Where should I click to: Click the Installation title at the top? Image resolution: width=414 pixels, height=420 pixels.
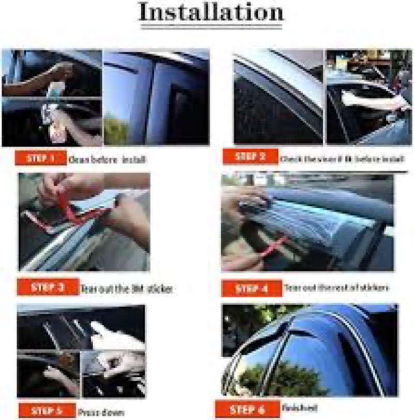(211, 13)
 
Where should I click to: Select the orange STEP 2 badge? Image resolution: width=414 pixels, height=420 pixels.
(250, 156)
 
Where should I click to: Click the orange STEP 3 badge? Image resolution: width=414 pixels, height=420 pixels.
(48, 287)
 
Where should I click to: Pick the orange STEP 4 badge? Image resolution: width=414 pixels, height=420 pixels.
(252, 288)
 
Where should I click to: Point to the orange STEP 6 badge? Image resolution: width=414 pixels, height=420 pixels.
(248, 409)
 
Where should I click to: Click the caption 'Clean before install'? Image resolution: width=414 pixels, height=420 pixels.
(107, 160)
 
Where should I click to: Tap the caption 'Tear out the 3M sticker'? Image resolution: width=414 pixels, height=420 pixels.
(126, 289)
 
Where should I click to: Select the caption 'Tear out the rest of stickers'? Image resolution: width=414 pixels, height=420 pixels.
(337, 287)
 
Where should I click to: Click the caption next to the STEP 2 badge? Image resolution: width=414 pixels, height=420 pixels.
(341, 159)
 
